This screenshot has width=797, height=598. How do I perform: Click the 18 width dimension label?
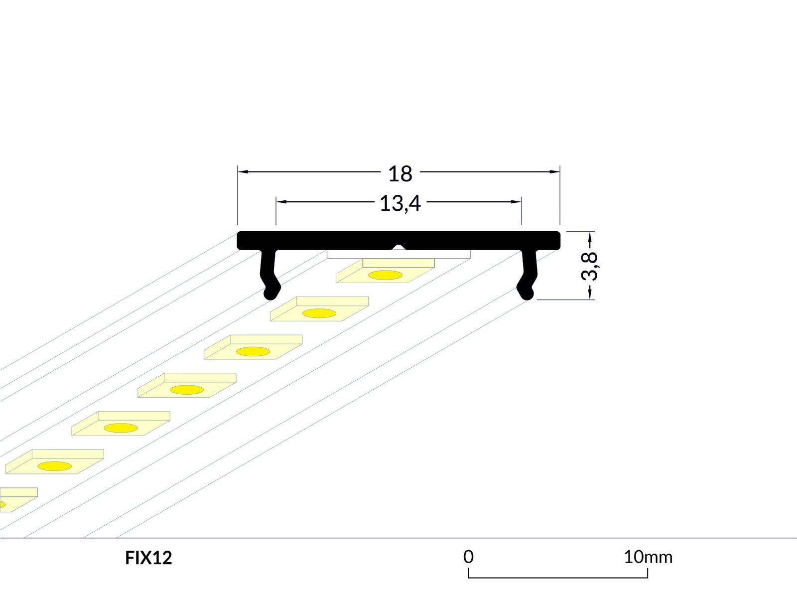[400, 174]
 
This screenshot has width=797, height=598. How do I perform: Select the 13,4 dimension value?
[400, 203]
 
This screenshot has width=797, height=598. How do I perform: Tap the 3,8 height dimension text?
[589, 266]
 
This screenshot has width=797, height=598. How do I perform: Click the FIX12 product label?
[148, 558]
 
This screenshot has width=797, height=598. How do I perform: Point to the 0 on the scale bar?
[468, 557]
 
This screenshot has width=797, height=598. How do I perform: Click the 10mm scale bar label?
[648, 557]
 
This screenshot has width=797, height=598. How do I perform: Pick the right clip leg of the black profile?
[527, 275]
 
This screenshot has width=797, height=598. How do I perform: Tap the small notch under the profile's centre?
[398, 247]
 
